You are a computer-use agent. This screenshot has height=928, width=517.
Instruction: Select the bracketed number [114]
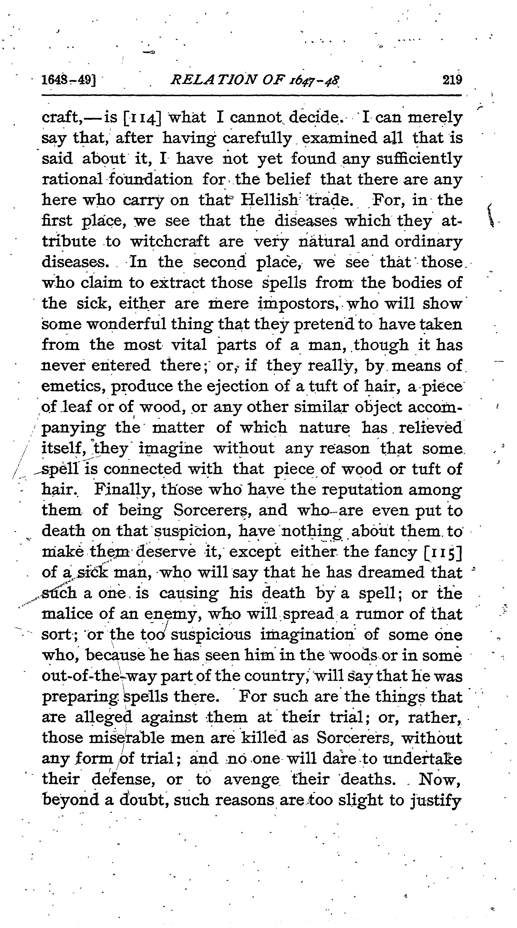(142, 117)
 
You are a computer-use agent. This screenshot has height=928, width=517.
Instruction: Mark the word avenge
(251, 780)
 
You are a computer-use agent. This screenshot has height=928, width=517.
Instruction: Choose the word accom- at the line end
(434, 407)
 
